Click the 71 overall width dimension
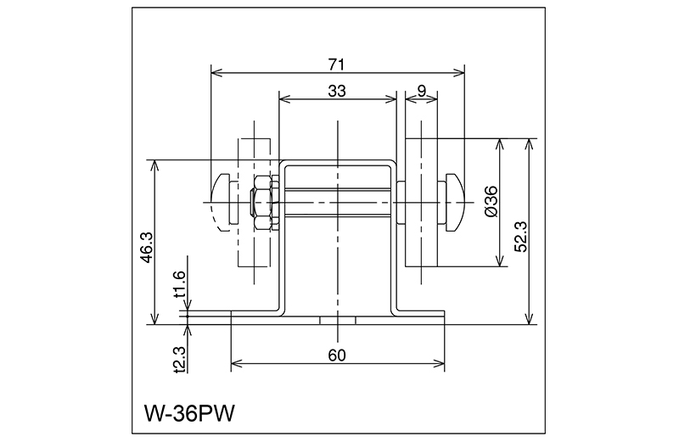coord(338,63)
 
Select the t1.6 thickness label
coord(179,286)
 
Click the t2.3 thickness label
coord(179,358)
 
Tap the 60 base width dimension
coord(337,355)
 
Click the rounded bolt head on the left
coord(224,202)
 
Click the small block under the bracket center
coord(337,321)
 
